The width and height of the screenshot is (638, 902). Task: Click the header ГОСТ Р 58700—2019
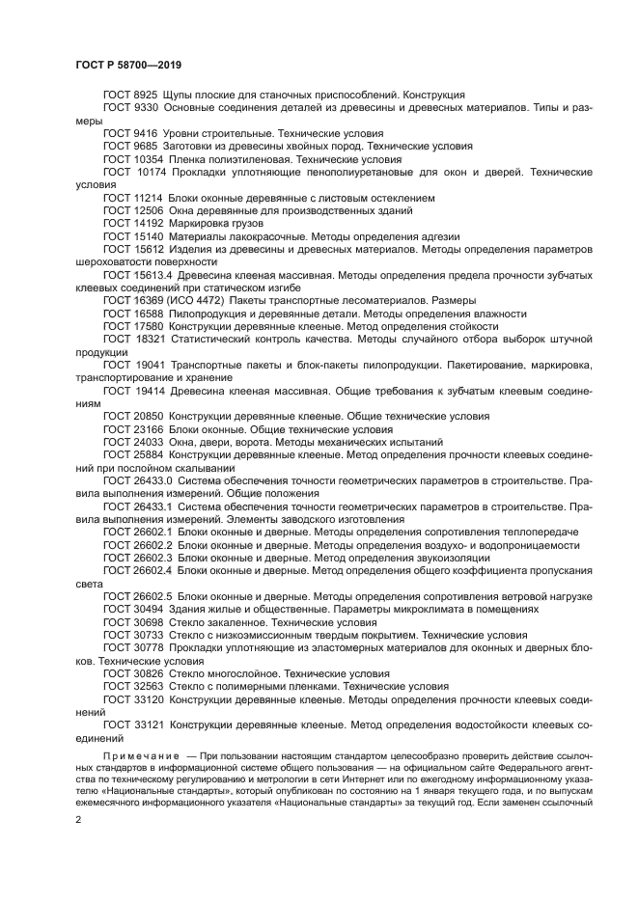click(x=127, y=64)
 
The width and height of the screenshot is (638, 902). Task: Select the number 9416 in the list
click(x=146, y=132)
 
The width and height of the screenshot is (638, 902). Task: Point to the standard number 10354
click(x=149, y=157)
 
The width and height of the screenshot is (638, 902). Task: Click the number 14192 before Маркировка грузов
click(x=149, y=222)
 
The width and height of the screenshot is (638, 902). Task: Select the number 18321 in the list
click(x=151, y=340)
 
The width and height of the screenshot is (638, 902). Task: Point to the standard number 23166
click(x=149, y=428)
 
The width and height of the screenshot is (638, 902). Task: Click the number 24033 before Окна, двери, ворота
click(x=149, y=441)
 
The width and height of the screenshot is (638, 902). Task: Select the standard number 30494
click(x=149, y=610)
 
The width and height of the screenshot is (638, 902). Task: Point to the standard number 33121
click(x=151, y=725)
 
